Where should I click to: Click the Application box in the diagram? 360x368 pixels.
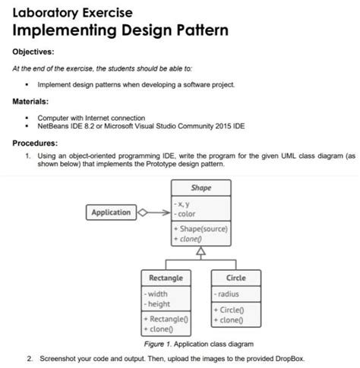111,212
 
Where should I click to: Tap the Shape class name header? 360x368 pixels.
201,187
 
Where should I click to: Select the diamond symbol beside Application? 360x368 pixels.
143,212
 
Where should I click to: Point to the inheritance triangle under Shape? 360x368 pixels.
201,253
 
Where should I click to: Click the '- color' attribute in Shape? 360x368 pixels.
187,214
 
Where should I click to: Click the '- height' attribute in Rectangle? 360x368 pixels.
159,304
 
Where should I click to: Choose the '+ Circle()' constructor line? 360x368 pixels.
231,309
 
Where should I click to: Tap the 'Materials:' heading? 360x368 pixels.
31,101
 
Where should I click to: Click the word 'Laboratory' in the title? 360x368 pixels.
43,13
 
